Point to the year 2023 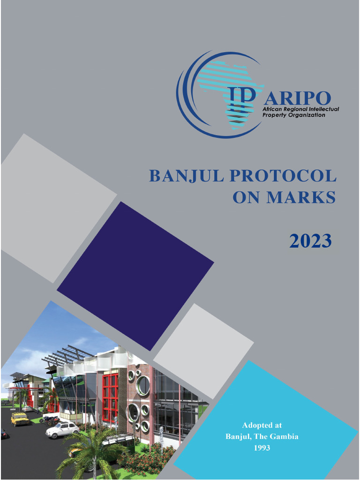(x=310, y=241)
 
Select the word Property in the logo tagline (x=274, y=115)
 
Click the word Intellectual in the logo (x=323, y=109)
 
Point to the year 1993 (x=262, y=448)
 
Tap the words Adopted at (x=262, y=426)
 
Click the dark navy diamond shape (x=135, y=276)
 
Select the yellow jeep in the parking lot (x=20, y=418)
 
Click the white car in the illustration (x=62, y=429)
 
